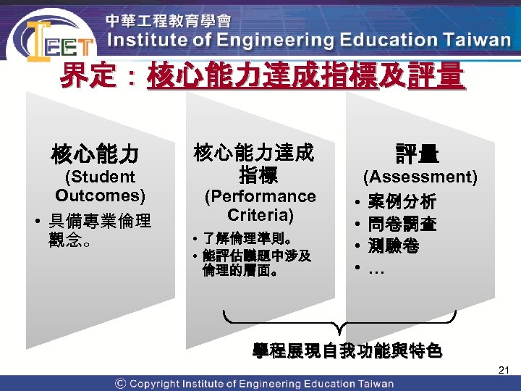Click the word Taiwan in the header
[x=473, y=40]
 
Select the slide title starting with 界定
[x=260, y=75]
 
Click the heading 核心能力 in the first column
[x=95, y=154]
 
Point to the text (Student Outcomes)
[x=100, y=186]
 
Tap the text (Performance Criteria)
[x=260, y=206]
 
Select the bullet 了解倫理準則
[x=246, y=237]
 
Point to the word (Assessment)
[x=420, y=177]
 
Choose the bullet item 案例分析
[x=402, y=201]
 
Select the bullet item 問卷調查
[x=402, y=224]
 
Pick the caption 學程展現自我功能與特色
[x=347, y=352]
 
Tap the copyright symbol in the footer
[x=120, y=384]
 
